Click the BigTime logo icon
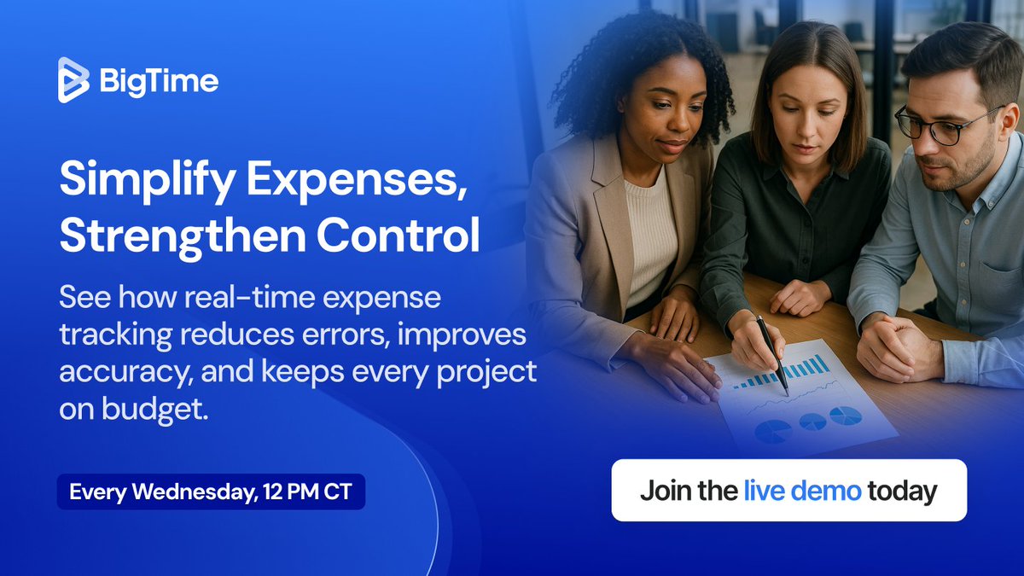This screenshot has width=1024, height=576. (73, 80)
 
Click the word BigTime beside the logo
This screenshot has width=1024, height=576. (158, 81)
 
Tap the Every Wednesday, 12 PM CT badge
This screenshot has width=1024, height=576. (211, 492)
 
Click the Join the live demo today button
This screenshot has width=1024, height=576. (788, 491)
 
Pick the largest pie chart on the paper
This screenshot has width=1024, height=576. (773, 431)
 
